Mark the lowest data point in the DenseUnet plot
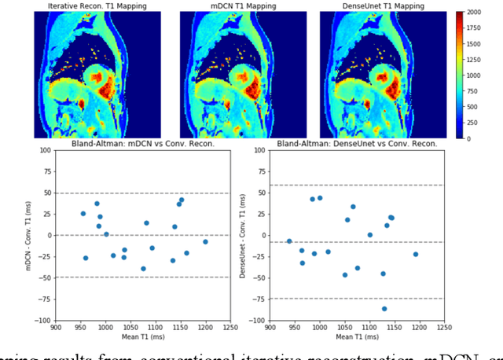point(384,309)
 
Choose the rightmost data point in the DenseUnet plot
point(416,254)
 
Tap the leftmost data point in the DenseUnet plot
point(289,241)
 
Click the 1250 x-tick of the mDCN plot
point(230,328)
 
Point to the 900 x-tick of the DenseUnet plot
point(270,328)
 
